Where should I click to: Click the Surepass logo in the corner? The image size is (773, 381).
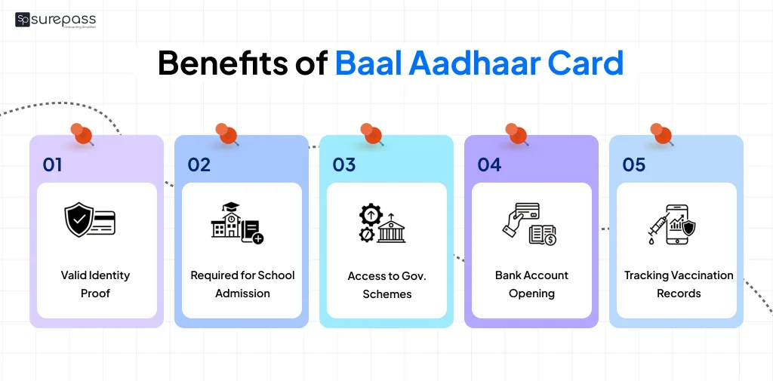point(55,20)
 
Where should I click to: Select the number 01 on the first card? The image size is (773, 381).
point(52,164)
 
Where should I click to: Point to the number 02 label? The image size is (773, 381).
point(199,164)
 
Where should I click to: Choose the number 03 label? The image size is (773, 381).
point(343,164)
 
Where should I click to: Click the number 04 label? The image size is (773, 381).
point(489,164)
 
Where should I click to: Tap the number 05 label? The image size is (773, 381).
point(634,164)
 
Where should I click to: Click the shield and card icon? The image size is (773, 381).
point(89,220)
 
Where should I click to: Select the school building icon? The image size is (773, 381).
point(236,223)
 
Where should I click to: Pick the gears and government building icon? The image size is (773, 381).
point(381,223)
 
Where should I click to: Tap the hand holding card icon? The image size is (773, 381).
point(529,223)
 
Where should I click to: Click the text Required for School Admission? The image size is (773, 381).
point(242,284)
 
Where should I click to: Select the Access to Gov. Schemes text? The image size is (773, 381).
point(386,284)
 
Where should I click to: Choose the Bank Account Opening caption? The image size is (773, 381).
point(531,284)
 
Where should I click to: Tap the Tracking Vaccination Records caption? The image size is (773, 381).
point(679,284)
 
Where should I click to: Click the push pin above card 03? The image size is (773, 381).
point(372,134)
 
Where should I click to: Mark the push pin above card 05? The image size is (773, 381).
point(661,134)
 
